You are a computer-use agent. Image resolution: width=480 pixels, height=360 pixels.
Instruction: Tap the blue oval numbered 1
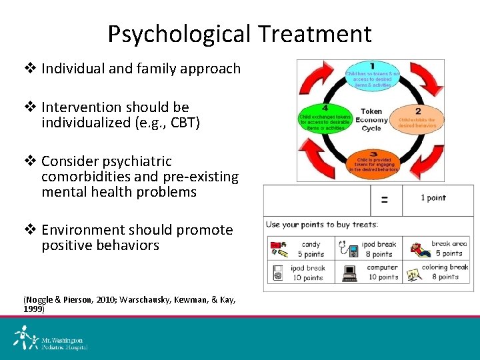point(372,76)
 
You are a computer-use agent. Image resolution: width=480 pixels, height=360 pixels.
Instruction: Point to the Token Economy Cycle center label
point(371,120)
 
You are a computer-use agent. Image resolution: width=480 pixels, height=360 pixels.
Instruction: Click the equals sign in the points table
point(385,199)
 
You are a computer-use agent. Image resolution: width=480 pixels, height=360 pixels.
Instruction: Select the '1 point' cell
point(433,198)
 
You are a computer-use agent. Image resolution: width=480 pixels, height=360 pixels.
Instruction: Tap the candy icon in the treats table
point(279,249)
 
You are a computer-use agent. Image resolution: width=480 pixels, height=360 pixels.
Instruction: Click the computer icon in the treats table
point(349,272)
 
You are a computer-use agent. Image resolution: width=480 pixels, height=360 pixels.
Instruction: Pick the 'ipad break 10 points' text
point(307,272)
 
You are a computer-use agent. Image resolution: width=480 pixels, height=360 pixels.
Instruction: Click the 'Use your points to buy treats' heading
point(322,224)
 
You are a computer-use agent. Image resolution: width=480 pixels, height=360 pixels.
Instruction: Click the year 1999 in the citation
point(35,309)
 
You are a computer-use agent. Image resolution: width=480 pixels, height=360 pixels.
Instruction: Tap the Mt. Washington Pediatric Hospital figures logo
point(25,337)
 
